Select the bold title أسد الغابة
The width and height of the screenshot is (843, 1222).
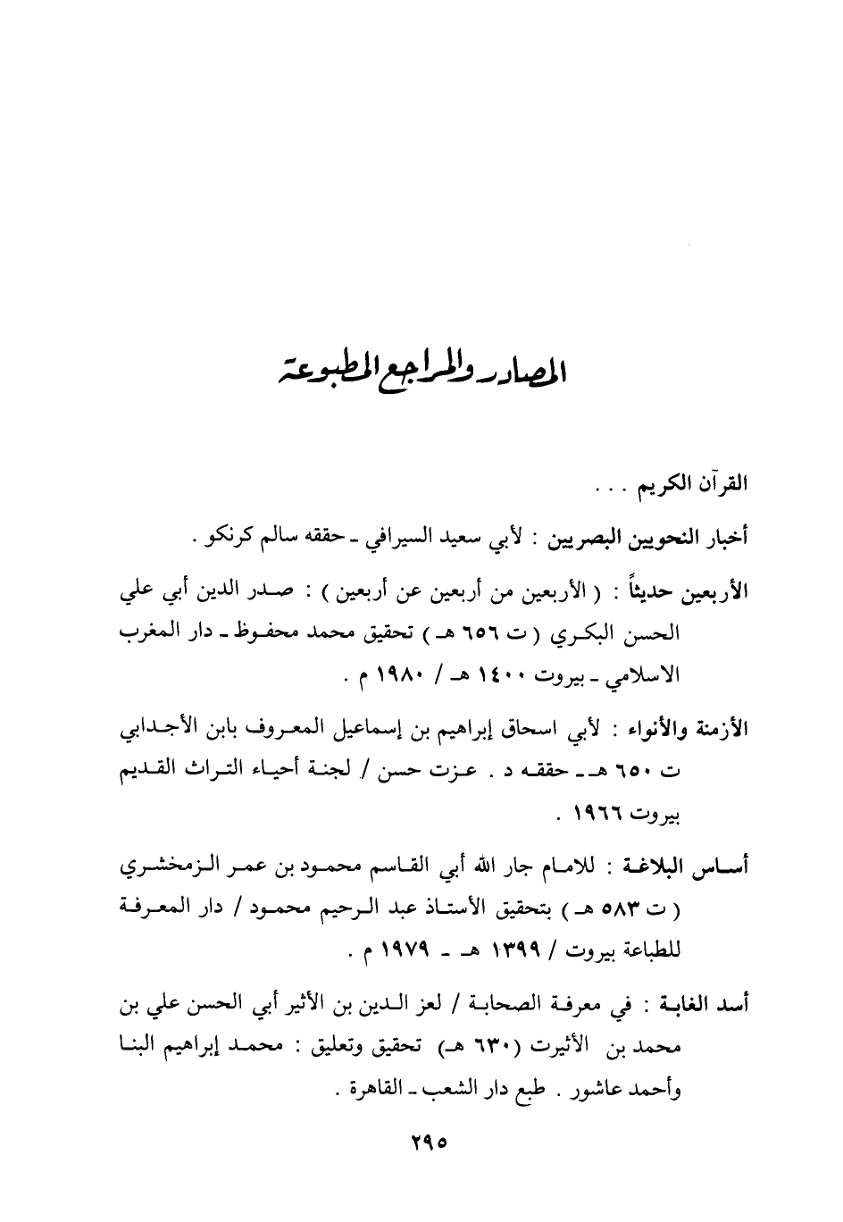(712, 1004)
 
